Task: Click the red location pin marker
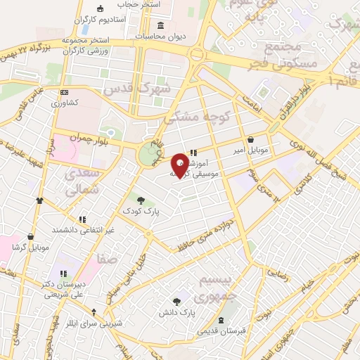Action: coord(181,165)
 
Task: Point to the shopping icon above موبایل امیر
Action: coord(251,139)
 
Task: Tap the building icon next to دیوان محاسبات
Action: coord(161,26)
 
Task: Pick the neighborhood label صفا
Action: coord(108,260)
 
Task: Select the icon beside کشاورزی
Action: coord(65,92)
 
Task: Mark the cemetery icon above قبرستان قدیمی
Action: coord(222,320)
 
